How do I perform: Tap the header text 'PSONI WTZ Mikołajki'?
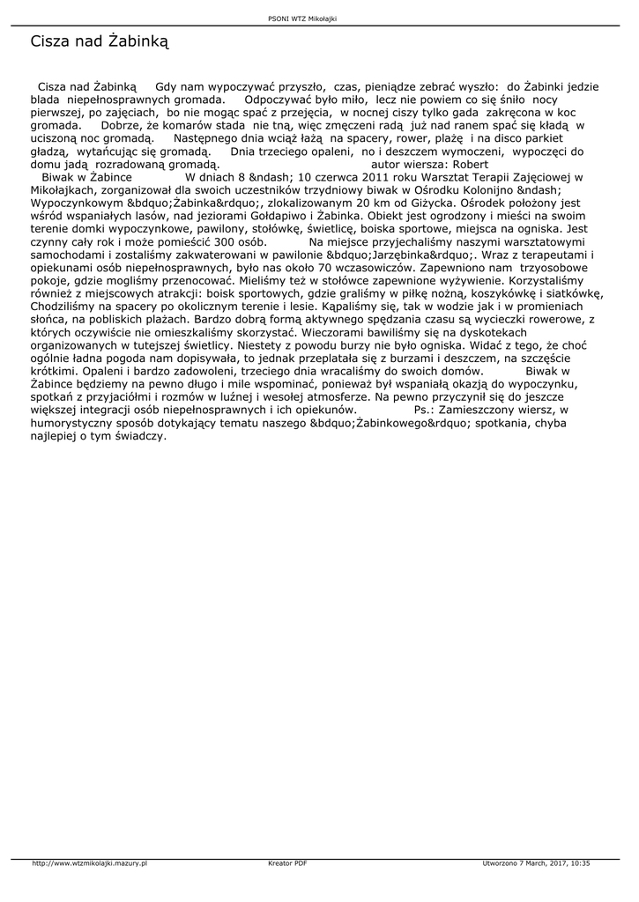tap(302, 18)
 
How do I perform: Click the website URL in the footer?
tap(89, 862)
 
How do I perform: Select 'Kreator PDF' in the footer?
tap(287, 862)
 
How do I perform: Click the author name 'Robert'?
tap(471, 164)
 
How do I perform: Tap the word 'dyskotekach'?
tap(487, 330)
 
